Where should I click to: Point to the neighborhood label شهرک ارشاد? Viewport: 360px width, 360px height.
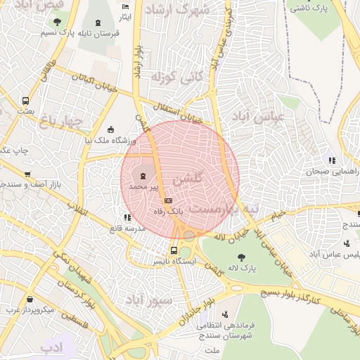tap(185, 11)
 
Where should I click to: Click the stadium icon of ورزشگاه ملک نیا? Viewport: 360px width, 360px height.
tap(110, 129)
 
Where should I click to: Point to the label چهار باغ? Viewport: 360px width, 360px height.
tap(60, 122)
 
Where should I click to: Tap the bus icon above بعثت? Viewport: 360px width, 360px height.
tap(26, 101)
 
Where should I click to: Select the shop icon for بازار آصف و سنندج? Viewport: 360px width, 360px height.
tap(27, 174)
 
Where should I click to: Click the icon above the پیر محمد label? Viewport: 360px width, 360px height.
tap(143, 175)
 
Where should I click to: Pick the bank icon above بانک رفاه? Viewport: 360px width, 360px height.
tap(168, 200)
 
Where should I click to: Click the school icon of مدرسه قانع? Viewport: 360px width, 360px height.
tap(127, 218)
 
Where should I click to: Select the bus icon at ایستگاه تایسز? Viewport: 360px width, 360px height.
tap(174, 250)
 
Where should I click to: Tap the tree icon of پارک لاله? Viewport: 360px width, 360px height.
tap(242, 257)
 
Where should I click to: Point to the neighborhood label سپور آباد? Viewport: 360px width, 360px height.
tap(148, 300)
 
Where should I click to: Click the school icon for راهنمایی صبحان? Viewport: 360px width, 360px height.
tap(332, 160)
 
